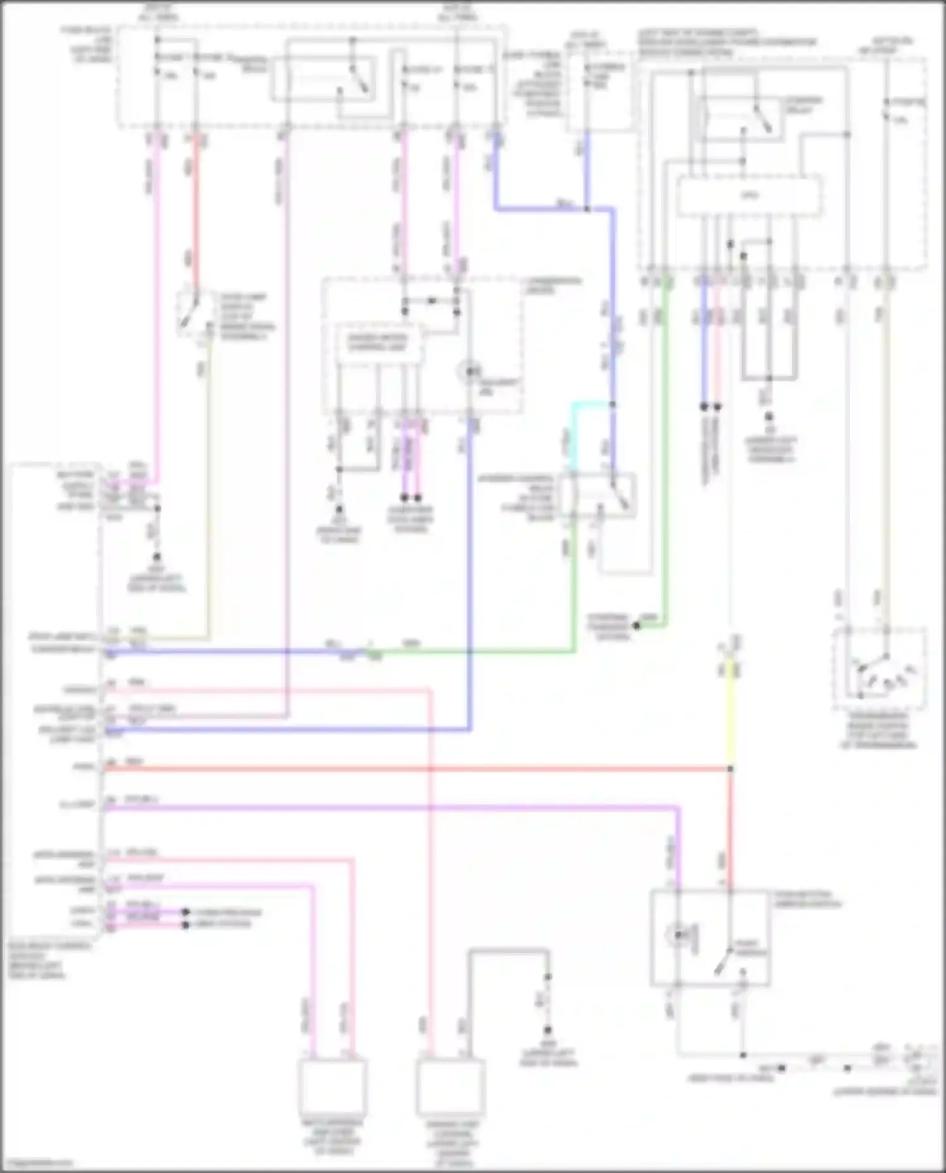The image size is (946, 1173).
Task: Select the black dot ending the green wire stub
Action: [636, 625]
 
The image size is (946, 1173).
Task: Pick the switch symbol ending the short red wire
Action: [189, 312]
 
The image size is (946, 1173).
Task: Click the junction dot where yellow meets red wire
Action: [730, 769]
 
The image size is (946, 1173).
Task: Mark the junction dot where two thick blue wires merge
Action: [587, 209]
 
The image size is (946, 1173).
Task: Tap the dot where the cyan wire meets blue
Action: [612, 405]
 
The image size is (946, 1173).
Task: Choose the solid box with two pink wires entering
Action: [332, 1087]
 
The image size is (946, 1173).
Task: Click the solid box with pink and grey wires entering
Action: [450, 1087]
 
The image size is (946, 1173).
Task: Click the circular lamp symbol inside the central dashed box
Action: [469, 372]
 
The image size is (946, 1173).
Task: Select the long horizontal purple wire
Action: [391, 807]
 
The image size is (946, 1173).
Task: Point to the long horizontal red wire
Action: [416, 769]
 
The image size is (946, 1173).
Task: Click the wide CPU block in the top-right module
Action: [749, 196]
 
